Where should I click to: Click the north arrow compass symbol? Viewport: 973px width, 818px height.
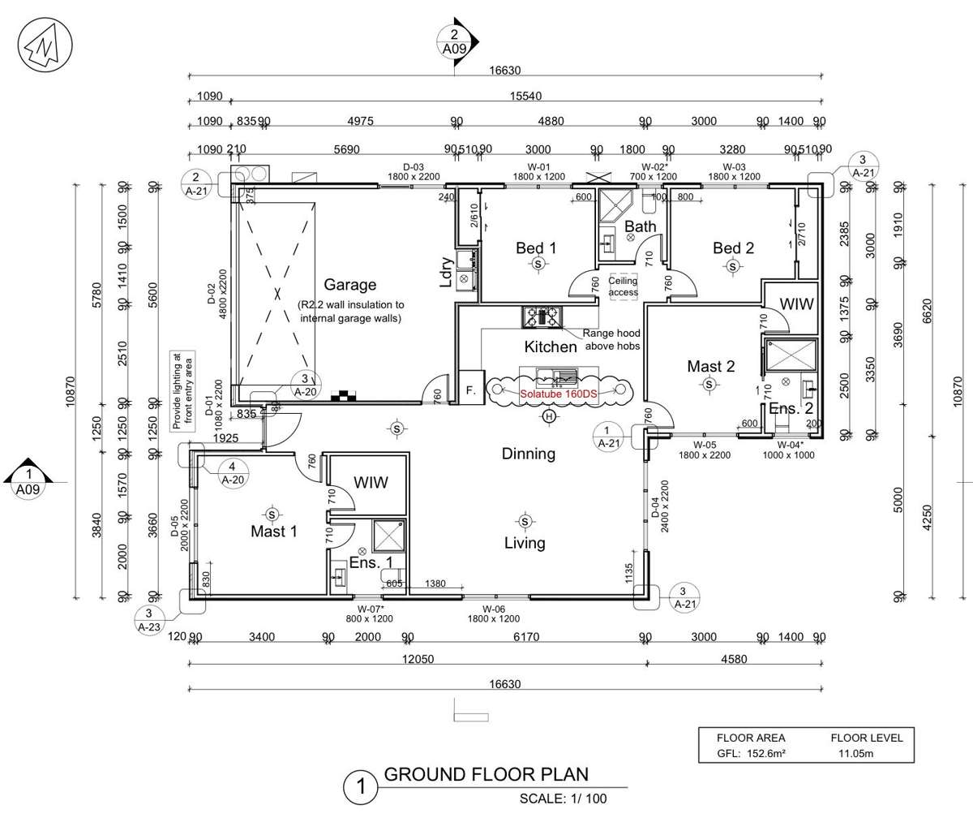tap(41, 42)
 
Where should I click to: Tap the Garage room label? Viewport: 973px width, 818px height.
tap(349, 285)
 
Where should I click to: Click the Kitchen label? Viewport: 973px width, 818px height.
tap(551, 347)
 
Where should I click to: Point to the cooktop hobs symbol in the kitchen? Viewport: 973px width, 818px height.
tap(542, 316)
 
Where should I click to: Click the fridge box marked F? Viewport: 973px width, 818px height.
tap(470, 390)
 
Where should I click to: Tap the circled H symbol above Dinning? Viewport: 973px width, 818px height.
tap(550, 417)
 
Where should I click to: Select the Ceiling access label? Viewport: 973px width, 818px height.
tap(624, 286)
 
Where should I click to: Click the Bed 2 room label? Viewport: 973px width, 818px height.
tap(734, 248)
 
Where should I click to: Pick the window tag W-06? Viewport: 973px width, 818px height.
tap(494, 609)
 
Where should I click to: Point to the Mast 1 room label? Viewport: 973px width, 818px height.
tap(273, 532)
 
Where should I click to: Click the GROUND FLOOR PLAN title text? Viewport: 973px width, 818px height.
tap(486, 775)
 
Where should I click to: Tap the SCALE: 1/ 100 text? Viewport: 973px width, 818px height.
tap(563, 799)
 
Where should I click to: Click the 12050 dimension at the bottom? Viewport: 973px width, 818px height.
tap(418, 660)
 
